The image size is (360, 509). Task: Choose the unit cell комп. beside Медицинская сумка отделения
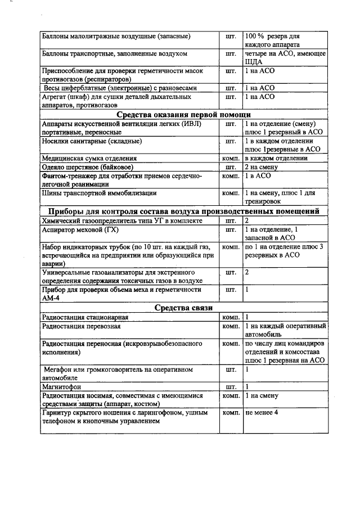[x=231, y=159]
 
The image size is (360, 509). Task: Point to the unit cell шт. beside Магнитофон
[x=231, y=387]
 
